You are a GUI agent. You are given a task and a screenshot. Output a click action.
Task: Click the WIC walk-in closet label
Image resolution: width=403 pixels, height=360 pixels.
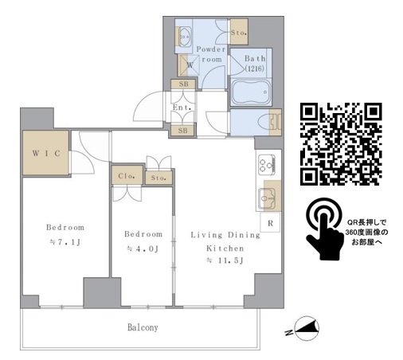46,153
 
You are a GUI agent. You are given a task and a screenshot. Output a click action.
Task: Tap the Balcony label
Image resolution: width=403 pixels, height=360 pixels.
143,327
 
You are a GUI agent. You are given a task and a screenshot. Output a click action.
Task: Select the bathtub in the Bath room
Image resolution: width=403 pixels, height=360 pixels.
250,92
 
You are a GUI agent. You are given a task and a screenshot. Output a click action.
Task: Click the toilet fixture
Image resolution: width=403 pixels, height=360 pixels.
269,122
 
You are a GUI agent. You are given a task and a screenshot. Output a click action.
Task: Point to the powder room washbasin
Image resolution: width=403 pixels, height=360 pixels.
184,37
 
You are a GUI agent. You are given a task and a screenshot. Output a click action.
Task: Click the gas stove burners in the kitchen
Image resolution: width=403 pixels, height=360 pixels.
267,165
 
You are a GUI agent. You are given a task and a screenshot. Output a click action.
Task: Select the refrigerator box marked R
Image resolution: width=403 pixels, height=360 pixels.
270,223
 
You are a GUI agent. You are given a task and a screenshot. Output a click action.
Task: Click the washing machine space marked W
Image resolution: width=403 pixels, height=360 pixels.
190,65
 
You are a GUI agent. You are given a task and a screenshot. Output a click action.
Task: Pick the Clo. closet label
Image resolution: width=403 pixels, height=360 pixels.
127,176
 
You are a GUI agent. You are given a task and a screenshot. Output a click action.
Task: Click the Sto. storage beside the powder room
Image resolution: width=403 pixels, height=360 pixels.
239,33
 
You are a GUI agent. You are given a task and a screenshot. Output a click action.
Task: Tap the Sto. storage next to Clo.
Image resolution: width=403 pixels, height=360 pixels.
158,178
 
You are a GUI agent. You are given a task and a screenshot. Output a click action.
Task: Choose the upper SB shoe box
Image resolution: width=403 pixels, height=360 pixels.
183,84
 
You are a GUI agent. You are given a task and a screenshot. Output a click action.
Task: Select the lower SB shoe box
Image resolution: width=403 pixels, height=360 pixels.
182,131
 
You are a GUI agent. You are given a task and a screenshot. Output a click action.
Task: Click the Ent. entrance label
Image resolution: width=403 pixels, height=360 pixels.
182,108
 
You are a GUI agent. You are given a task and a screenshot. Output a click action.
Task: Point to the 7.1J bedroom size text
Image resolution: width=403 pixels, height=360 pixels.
65,242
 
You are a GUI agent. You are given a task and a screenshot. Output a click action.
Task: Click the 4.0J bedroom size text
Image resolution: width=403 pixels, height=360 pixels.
143,249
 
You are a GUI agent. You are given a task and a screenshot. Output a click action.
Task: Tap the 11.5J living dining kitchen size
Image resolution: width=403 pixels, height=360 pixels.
225,260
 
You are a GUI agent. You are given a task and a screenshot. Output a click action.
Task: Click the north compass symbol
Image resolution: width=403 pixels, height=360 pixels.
307,329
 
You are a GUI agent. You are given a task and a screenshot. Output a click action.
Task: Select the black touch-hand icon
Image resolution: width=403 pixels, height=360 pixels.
324,229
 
